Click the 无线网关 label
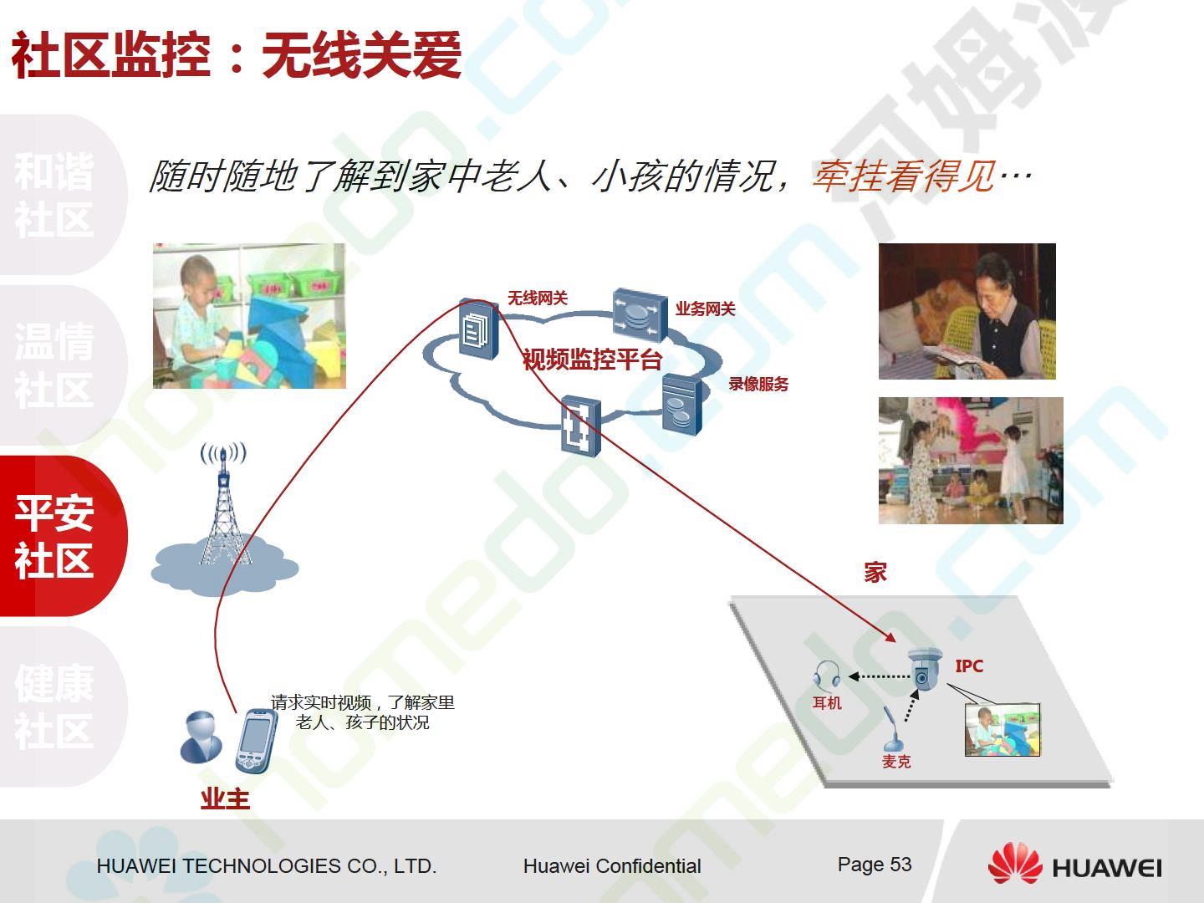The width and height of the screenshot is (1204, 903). click(538, 298)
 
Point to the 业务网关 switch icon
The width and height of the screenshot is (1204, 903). click(640, 314)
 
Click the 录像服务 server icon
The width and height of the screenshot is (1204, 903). click(681, 405)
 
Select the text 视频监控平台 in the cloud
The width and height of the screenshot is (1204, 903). click(593, 360)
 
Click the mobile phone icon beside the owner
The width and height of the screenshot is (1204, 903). click(256, 742)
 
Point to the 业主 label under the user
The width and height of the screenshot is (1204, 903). click(225, 799)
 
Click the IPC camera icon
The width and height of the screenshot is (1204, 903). click(924, 669)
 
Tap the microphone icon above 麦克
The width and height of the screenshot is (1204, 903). click(892, 728)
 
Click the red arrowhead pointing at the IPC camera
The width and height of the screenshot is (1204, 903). click(890, 636)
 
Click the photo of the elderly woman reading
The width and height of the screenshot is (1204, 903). click(967, 311)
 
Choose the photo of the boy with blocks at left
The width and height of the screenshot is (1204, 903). click(249, 316)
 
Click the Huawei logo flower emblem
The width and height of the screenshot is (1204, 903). click(1015, 864)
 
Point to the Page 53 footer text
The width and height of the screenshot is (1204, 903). click(875, 865)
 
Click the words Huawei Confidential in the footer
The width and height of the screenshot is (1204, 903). click(612, 866)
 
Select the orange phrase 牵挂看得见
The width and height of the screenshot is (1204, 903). click(904, 176)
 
